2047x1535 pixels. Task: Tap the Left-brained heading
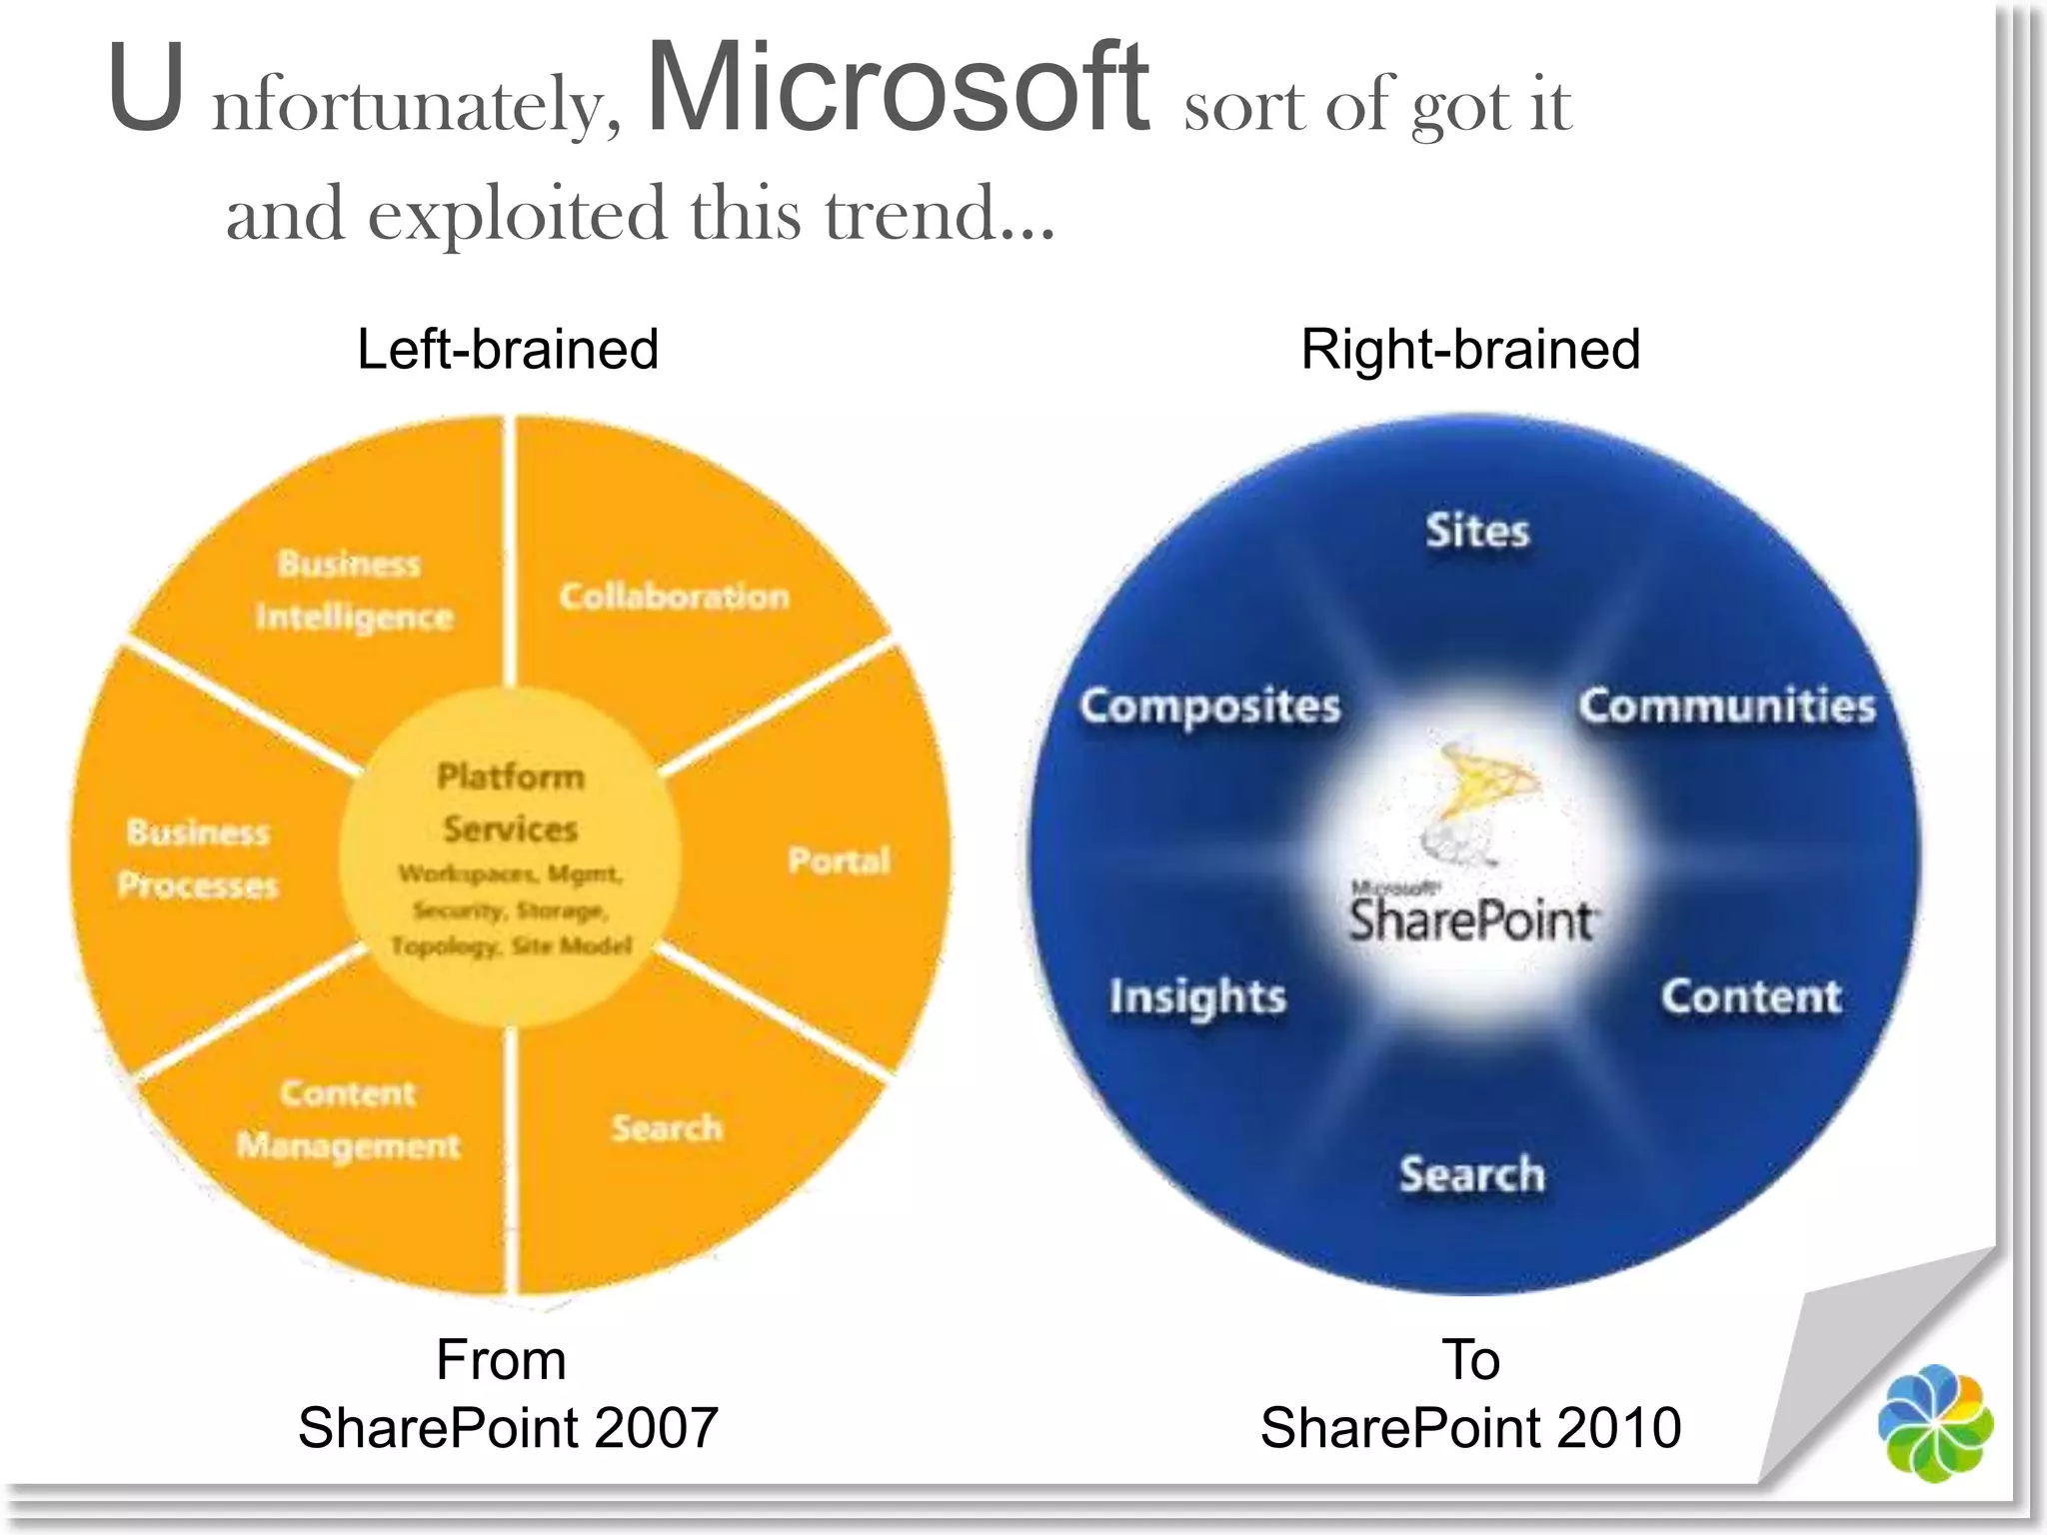[508, 350]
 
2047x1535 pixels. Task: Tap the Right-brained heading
[1470, 350]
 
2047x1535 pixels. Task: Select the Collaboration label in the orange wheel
[674, 597]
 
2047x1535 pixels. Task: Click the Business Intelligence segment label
[353, 591]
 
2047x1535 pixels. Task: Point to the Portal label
[839, 860]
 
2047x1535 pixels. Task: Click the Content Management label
[348, 1119]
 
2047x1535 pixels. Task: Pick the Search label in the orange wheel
[667, 1128]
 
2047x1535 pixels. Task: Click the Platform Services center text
[511, 802]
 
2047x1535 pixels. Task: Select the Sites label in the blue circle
[1477, 531]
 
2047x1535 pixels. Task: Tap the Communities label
[1726, 706]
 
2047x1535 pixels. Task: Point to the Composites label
[1209, 707]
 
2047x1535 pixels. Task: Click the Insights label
[1197, 997]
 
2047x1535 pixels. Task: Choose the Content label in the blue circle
[1750, 996]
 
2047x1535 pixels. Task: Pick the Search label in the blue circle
[1471, 1174]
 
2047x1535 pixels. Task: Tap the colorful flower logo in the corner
[1935, 1422]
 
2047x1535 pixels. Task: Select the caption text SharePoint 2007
[508, 1427]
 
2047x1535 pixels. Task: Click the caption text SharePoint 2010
[1470, 1427]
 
